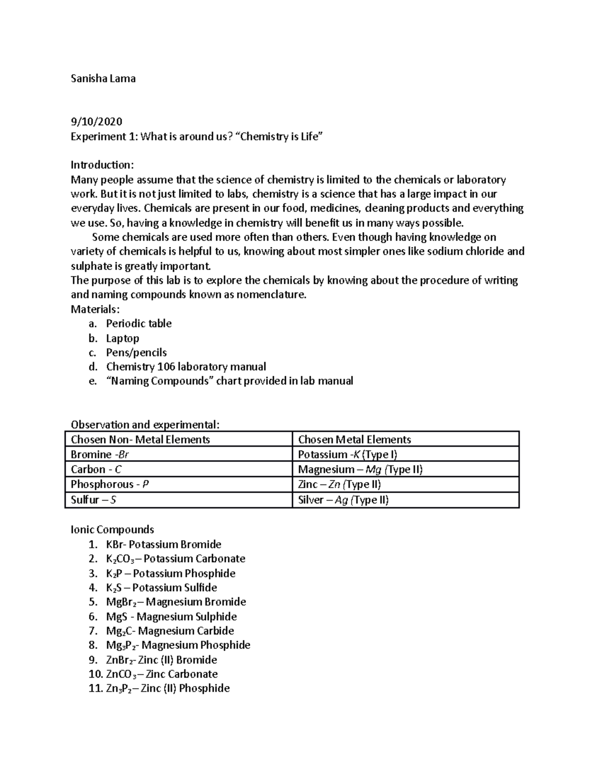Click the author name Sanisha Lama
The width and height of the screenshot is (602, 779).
click(103, 79)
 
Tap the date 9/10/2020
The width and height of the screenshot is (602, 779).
click(96, 122)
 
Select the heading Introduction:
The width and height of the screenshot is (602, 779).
click(102, 165)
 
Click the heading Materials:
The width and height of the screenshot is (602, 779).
click(95, 309)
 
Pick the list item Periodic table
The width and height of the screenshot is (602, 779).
click(138, 324)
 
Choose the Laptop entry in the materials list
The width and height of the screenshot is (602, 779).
click(122, 338)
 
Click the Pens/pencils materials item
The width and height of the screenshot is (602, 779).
click(136, 353)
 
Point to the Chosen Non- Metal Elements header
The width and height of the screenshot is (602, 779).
click(140, 440)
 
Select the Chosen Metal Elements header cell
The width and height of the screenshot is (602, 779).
click(354, 440)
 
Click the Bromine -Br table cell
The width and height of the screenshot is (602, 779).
click(100, 454)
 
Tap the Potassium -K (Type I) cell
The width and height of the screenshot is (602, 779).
click(347, 454)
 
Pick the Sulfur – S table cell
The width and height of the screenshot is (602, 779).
click(94, 500)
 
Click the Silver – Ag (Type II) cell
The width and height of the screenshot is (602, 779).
click(343, 500)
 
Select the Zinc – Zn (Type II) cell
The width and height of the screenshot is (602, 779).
click(339, 485)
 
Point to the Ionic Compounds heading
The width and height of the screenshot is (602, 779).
click(112, 530)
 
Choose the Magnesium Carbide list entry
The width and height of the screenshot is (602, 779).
click(170, 631)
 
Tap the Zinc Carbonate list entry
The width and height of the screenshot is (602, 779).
click(162, 674)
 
